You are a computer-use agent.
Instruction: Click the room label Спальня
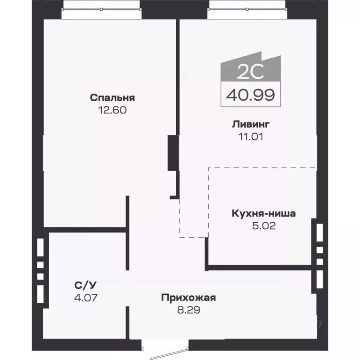point(112,98)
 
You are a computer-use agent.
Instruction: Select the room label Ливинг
point(250,125)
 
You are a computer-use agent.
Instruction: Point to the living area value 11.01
point(250,137)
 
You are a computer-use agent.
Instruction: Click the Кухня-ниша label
point(263,214)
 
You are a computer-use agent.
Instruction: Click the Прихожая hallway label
point(188,298)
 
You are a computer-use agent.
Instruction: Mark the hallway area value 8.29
point(188,310)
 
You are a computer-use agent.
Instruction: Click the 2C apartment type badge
point(250,71)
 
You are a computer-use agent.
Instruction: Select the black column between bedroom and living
point(172,153)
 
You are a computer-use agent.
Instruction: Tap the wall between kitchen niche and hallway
point(260,268)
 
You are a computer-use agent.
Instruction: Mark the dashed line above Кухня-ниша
point(262,167)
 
